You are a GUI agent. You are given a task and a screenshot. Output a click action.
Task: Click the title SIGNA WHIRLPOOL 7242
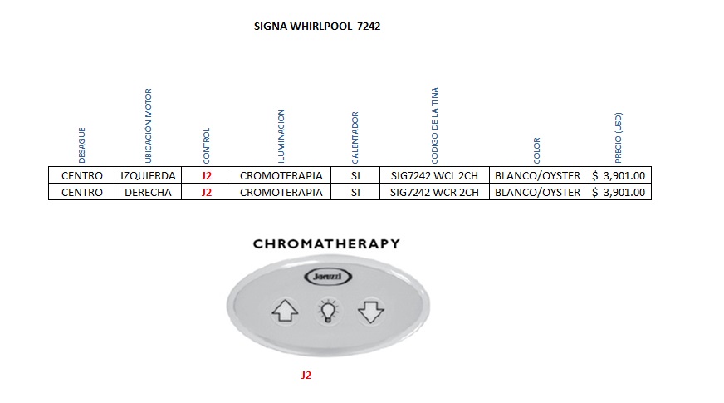point(316,27)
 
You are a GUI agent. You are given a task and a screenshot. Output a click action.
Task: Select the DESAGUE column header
point(81,144)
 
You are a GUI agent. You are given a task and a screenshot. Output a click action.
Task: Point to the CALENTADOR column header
point(355,137)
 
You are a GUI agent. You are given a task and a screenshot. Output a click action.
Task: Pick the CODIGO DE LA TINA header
point(434,125)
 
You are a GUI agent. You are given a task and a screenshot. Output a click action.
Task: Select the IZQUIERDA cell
point(148,175)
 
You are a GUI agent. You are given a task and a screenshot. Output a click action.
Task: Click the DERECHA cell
point(148,192)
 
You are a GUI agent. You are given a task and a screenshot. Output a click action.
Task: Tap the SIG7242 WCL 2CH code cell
point(434,175)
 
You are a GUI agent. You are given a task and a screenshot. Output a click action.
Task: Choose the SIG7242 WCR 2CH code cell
point(434,192)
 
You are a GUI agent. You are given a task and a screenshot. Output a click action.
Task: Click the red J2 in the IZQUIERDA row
point(207,175)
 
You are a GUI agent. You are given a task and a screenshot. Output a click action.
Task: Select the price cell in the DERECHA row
point(618,192)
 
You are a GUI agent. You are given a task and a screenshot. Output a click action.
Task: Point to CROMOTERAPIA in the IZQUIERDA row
point(281,175)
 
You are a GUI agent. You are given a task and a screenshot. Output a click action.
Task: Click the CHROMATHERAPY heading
point(325,244)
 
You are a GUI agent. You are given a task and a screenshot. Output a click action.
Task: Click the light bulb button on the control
point(328,312)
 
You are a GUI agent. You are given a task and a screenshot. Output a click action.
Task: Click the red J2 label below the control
point(306,376)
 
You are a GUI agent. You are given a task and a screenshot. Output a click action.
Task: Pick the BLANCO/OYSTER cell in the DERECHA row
point(536,192)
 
